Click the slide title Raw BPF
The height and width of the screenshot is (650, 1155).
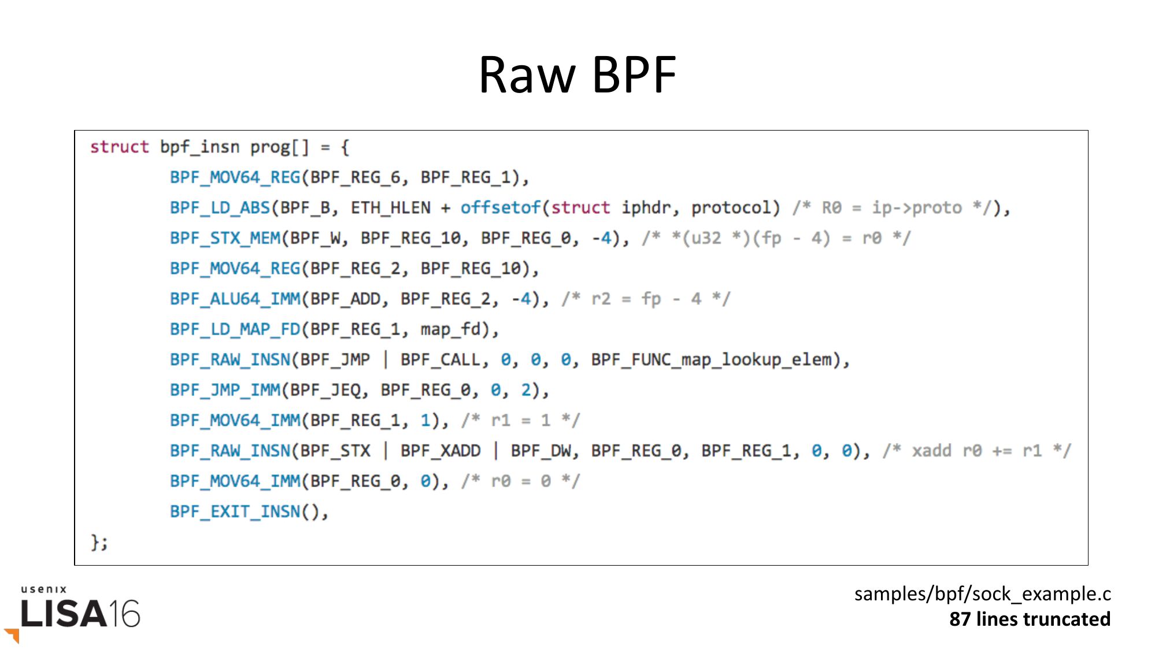577,75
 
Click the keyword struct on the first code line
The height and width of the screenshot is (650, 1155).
119,147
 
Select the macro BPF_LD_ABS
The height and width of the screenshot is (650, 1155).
220,207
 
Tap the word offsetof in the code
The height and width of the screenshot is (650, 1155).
500,207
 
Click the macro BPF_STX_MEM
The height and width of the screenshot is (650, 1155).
225,238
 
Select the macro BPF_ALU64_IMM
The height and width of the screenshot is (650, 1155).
235,299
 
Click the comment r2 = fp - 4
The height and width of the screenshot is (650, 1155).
646,299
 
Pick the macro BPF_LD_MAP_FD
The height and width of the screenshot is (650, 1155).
235,329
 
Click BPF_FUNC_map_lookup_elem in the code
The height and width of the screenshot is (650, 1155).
715,359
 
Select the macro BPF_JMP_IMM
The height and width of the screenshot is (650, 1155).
225,390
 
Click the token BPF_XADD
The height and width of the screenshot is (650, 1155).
440,451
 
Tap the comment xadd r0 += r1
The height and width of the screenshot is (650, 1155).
977,451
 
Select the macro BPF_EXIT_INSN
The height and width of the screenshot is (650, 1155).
235,511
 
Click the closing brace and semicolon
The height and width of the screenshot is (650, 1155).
99,542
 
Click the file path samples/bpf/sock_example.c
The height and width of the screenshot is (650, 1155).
982,593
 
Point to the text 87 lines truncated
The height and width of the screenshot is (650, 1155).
1030,619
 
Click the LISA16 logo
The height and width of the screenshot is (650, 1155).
80,613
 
